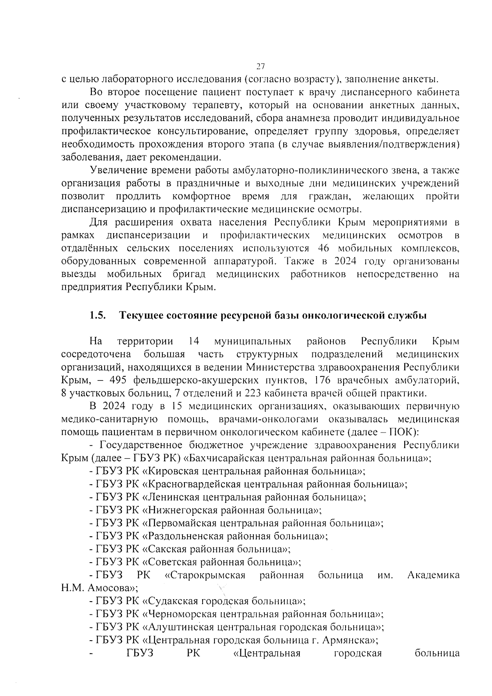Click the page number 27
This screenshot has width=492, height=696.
(x=261, y=66)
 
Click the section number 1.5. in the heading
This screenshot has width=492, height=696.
(x=98, y=316)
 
